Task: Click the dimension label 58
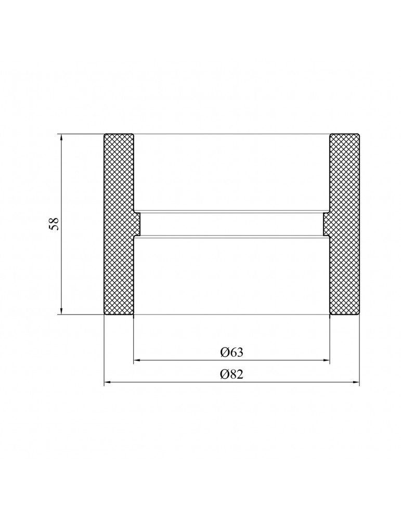point(54,224)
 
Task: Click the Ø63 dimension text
point(232,352)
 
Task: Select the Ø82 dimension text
point(232,374)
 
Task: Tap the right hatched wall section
point(343,224)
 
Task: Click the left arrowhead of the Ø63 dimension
point(137,360)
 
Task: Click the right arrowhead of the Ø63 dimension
point(327,360)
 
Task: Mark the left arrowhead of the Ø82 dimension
point(108,383)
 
